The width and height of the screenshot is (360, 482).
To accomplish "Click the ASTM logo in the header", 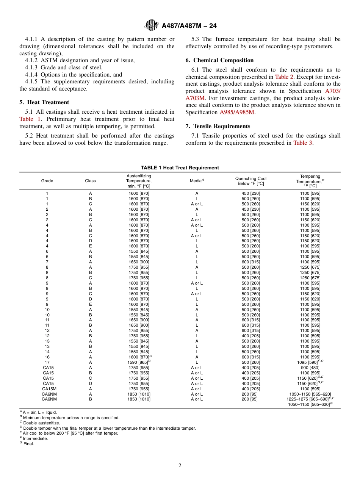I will point(152,26).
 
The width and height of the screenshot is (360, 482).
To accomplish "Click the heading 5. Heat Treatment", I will point(44,102).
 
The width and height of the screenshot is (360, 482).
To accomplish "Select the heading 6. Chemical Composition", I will point(219,60).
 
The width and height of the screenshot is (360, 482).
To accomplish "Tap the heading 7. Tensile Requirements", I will point(218,126).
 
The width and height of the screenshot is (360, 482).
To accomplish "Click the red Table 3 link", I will point(303,143).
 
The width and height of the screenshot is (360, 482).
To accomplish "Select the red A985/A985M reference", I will point(237,112).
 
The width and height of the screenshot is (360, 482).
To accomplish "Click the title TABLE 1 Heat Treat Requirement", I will point(180,168).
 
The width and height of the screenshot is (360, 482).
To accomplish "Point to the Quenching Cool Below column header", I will point(250,181).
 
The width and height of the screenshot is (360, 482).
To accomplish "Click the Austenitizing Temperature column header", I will point(139,181).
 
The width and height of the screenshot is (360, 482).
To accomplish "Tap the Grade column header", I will point(47,181).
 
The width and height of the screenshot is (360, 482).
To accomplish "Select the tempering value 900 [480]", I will point(310,368).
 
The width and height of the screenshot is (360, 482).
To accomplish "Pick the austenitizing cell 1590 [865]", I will point(138,362).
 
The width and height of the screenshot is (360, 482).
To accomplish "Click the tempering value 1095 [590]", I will point(308,362).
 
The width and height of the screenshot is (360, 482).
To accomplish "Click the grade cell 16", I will point(47,357).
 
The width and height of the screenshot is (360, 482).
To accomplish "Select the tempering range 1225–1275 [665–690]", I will point(308,399).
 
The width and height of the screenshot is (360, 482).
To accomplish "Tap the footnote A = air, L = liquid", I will point(39,412).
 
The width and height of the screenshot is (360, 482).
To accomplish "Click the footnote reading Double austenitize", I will point(41,423).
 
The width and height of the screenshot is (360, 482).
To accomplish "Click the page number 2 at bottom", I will point(180,466).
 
